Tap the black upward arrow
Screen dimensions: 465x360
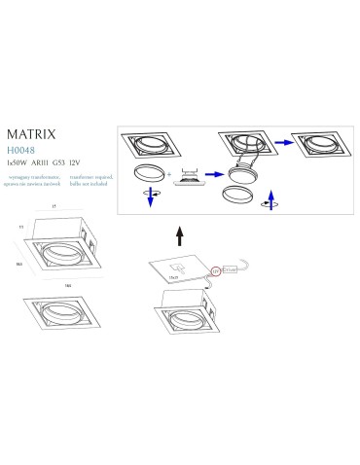click(178, 234)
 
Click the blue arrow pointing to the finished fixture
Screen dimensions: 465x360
click(281, 141)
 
